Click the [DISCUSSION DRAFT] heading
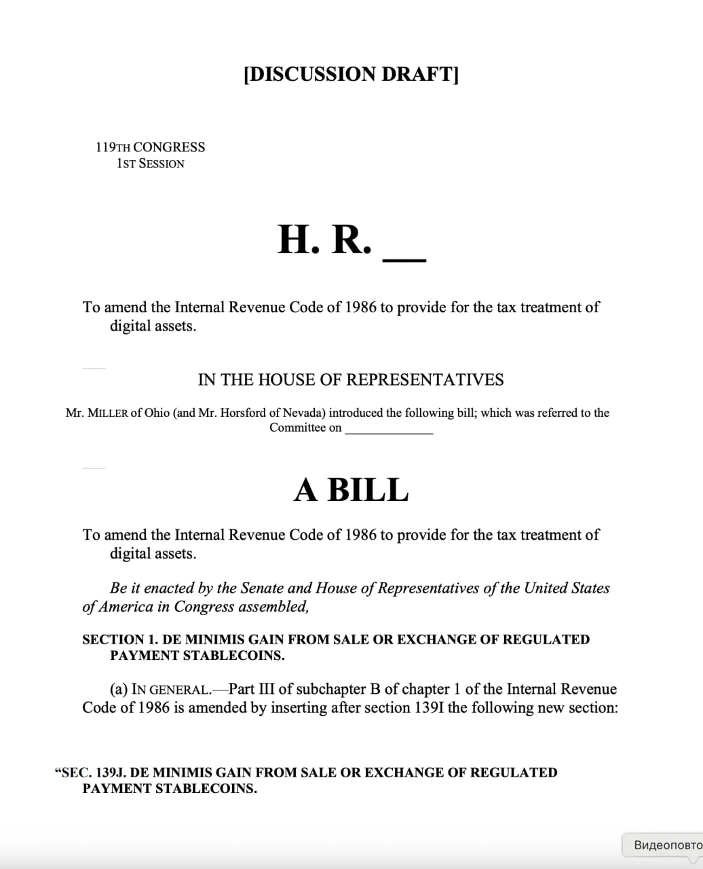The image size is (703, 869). tap(351, 74)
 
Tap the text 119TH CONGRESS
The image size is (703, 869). tap(150, 147)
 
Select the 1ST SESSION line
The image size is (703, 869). tap(150, 164)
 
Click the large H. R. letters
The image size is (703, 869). tap(324, 240)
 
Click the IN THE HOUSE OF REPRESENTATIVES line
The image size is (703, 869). tap(351, 380)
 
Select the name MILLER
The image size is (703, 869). tap(107, 413)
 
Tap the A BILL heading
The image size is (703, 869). tap(351, 489)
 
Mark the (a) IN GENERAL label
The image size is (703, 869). tap(160, 690)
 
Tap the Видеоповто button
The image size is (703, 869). tap(665, 845)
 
